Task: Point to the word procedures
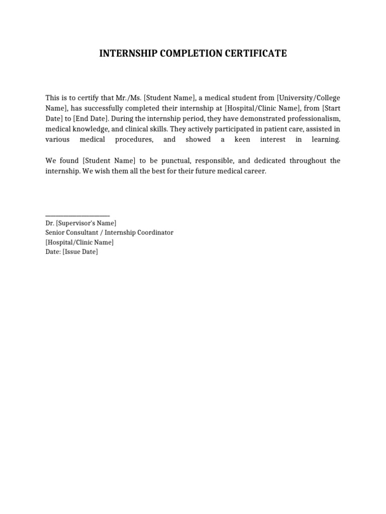[x=134, y=140]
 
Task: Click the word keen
[x=242, y=140]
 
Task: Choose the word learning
[x=325, y=140]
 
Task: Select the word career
[x=253, y=171]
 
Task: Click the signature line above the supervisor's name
[x=77, y=215]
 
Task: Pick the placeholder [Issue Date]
[x=80, y=252]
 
